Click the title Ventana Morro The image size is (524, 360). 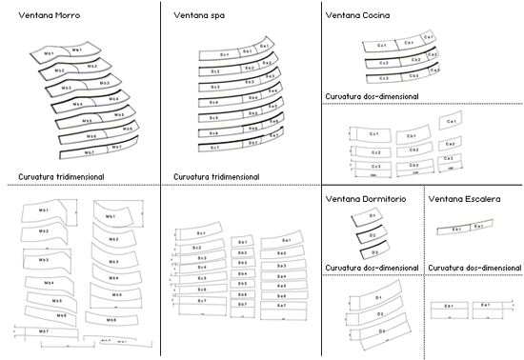pyautogui.click(x=41, y=15)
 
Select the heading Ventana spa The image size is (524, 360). pyautogui.click(x=199, y=15)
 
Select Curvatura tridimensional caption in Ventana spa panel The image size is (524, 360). pyautogui.click(x=218, y=175)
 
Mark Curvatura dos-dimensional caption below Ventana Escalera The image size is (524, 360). pyautogui.click(x=472, y=268)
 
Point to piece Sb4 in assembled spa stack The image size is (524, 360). pyautogui.click(x=252, y=100)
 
